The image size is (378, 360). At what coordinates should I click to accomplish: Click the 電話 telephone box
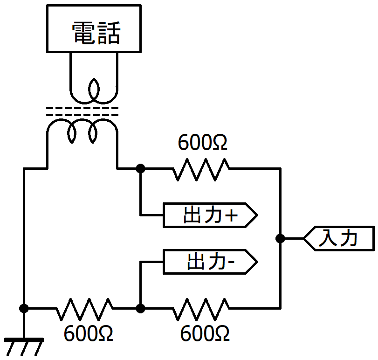(94, 28)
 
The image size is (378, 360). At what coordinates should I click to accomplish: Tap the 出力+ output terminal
(210, 215)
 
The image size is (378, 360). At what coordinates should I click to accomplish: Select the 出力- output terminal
(210, 262)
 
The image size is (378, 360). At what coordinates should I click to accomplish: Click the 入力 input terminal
(339, 238)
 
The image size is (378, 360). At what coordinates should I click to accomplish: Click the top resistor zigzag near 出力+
(201, 169)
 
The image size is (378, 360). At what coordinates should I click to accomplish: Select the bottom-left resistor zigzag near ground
(84, 309)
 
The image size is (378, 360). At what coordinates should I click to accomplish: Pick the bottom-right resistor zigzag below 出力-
(201, 309)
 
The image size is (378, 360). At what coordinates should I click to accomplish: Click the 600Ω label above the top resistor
(202, 142)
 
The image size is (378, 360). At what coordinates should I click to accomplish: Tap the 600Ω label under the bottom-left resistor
(88, 333)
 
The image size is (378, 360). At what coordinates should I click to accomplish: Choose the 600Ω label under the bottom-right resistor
(205, 333)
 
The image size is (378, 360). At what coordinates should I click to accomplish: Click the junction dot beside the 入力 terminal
(280, 238)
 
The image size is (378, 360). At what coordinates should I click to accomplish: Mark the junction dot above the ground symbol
(24, 308)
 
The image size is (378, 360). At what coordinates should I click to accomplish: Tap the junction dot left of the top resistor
(141, 168)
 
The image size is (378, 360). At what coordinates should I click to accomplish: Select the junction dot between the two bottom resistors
(141, 308)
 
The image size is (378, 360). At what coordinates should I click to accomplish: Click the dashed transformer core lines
(82, 111)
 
